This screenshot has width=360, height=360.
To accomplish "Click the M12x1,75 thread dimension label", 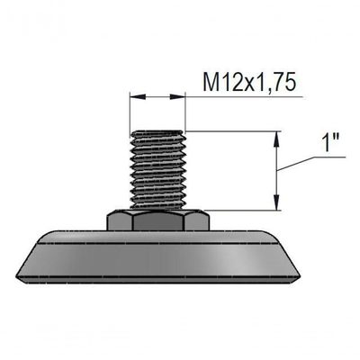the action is coord(247,82).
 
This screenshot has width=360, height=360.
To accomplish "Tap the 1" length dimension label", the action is coord(330,143).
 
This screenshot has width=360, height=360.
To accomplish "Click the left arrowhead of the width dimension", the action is coord(138,96).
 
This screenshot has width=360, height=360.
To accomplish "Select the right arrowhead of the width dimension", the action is coord(177,96).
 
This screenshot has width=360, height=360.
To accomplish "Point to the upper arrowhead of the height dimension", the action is coord(277,139).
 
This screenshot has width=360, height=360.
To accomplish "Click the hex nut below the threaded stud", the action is coord(158,220).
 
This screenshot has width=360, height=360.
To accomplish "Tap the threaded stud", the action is coord(157,170).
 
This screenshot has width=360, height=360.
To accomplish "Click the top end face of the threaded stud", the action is coord(157,131).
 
